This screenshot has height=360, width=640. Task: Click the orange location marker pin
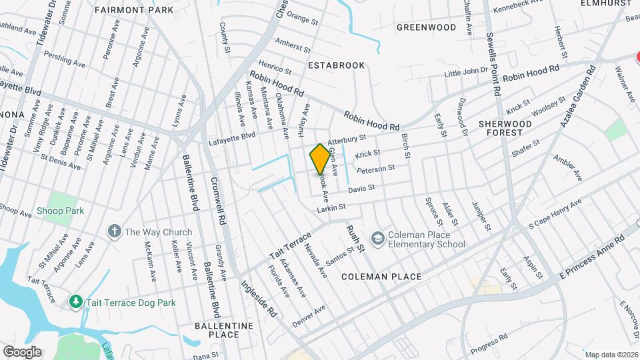320,158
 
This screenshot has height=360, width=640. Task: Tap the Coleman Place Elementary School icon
377,238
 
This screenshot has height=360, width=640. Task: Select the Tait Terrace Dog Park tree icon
75,303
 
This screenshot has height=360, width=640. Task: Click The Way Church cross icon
115,232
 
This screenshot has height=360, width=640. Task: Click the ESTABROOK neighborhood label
337,65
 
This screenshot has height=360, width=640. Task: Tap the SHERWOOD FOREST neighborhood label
505,128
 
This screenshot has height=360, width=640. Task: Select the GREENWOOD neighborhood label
426,27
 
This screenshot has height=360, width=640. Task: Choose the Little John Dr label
466,71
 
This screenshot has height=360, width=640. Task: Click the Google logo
21,351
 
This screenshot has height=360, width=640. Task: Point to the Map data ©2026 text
611,354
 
